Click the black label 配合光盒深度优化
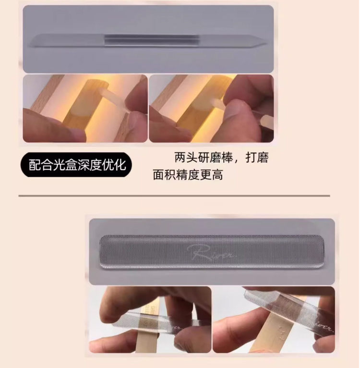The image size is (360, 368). point(76,164)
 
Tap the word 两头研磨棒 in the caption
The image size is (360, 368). point(204,158)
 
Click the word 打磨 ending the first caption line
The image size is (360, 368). point(257,158)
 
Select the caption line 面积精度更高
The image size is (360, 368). point(188,175)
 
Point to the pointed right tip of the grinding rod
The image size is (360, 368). point(266,44)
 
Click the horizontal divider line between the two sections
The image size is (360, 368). point(174,196)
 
